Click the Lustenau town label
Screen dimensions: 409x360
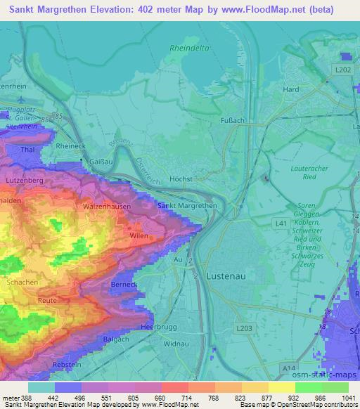click(226, 276)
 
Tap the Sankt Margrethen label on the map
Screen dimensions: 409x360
click(186, 206)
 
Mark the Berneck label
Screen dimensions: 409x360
click(123, 283)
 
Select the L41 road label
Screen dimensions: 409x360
click(281, 222)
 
